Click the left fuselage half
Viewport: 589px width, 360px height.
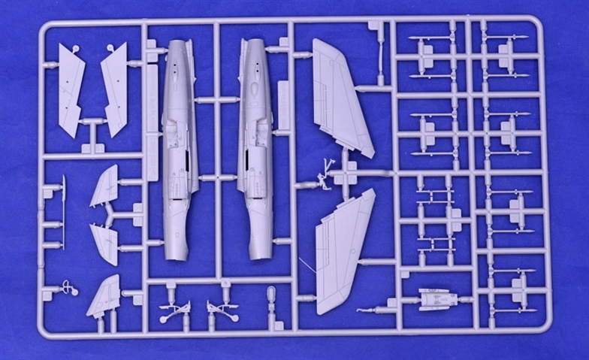(179, 143)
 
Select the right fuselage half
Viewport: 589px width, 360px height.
(255, 143)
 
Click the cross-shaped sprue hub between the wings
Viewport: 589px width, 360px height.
(346, 174)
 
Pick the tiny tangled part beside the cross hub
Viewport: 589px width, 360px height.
(325, 175)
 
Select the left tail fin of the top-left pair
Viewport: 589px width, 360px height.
(71, 89)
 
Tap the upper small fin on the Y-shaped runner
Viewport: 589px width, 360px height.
(104, 186)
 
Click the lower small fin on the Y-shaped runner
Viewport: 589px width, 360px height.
(104, 243)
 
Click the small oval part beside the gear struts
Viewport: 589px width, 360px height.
(271, 295)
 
